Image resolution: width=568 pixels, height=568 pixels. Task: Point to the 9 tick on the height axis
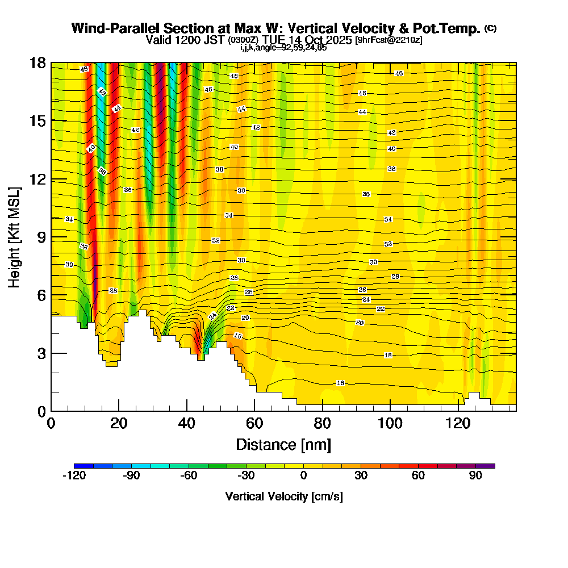click(41, 237)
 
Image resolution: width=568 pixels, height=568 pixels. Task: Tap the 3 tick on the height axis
click(41, 353)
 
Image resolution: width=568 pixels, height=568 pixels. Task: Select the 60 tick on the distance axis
click(254, 423)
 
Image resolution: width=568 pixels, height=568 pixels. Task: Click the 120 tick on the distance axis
click(458, 423)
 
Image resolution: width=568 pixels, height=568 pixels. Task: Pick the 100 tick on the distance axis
click(390, 423)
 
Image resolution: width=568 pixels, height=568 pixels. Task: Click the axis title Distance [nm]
click(283, 444)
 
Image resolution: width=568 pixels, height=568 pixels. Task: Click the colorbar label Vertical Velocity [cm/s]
click(284, 496)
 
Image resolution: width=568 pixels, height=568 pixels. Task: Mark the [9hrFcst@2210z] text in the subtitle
click(389, 40)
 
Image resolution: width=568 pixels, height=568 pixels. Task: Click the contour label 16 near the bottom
click(340, 383)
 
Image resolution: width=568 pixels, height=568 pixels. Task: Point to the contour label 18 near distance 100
click(388, 355)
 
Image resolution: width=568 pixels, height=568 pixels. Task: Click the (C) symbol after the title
click(490, 28)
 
